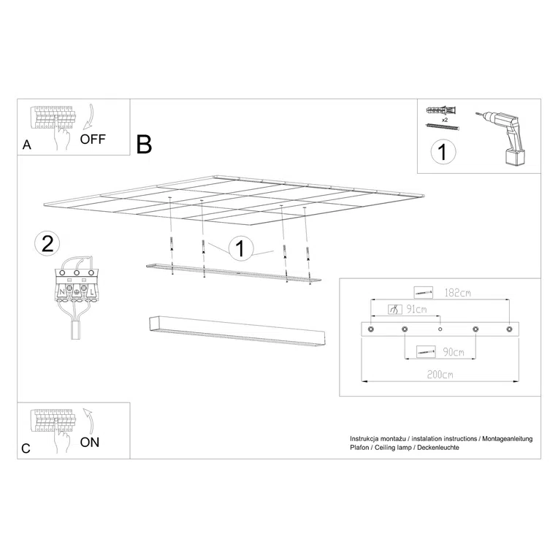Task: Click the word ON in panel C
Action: click(90, 442)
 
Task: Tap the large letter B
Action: click(144, 144)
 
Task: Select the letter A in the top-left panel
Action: click(27, 145)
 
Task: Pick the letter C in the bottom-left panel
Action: click(26, 448)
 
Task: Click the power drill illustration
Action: click(505, 137)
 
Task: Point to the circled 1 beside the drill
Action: click(443, 153)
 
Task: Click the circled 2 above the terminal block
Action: click(47, 244)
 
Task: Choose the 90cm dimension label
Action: click(453, 352)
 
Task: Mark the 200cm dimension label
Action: click(440, 375)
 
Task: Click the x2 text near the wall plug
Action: click(444, 118)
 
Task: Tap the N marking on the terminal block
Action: click(61, 292)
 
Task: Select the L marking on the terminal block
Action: click(93, 292)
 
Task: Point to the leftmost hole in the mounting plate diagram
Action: click(370, 331)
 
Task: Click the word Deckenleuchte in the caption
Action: click(438, 447)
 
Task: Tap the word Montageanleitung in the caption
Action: click(507, 438)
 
